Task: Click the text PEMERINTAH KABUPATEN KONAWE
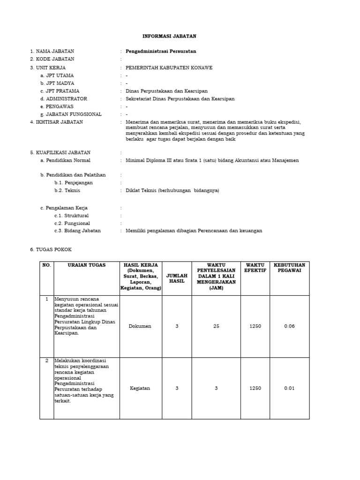pos(169,67)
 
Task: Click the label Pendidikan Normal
pos(66,160)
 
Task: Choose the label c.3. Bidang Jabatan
pos(77,231)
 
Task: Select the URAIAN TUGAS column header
pos(87,265)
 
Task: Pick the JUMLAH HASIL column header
pos(177,278)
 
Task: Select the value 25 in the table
pos(216,326)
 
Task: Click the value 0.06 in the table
pos(289,326)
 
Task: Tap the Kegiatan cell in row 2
pos(140,388)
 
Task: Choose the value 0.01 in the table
pos(289,388)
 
